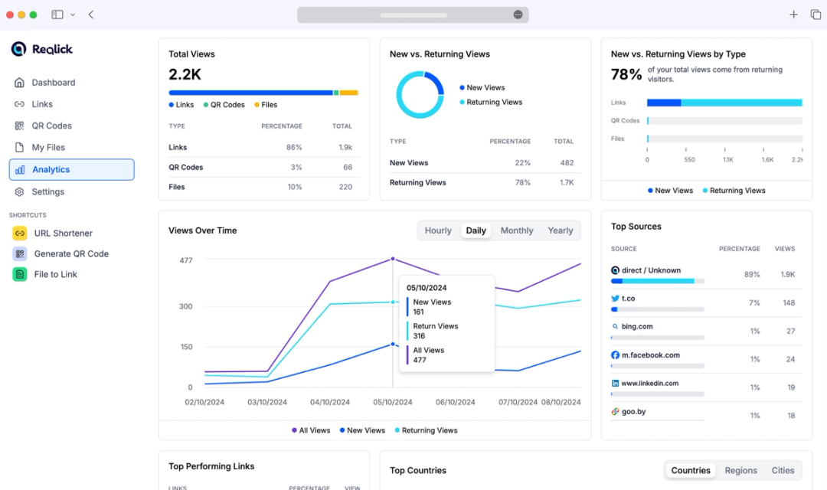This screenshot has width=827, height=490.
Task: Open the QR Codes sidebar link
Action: point(52,126)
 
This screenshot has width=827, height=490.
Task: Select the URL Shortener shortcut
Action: point(63,233)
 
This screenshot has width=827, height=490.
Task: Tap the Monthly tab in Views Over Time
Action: point(517,230)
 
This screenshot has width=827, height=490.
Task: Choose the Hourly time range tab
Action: point(438,230)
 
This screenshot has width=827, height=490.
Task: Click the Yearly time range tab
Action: point(561,230)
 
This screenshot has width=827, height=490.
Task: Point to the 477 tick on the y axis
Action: point(185,260)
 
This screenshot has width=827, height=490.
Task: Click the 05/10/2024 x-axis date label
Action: point(392,402)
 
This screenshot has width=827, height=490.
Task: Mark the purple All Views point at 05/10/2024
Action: point(393,259)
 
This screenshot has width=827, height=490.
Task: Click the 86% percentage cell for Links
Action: point(293,147)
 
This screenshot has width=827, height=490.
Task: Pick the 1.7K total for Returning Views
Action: point(566,183)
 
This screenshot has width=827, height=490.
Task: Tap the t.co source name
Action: point(628,299)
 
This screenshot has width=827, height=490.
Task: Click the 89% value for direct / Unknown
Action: point(751,274)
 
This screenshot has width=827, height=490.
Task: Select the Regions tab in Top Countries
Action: point(740,470)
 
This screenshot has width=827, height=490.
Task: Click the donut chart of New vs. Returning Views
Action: point(420,95)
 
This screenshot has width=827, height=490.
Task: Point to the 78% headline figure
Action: point(626,74)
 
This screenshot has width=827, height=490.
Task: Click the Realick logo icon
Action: point(19,49)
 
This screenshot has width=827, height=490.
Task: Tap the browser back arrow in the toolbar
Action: point(91,15)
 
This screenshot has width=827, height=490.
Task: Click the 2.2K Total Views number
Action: point(185,74)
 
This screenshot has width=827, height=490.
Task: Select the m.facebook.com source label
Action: point(650,355)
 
